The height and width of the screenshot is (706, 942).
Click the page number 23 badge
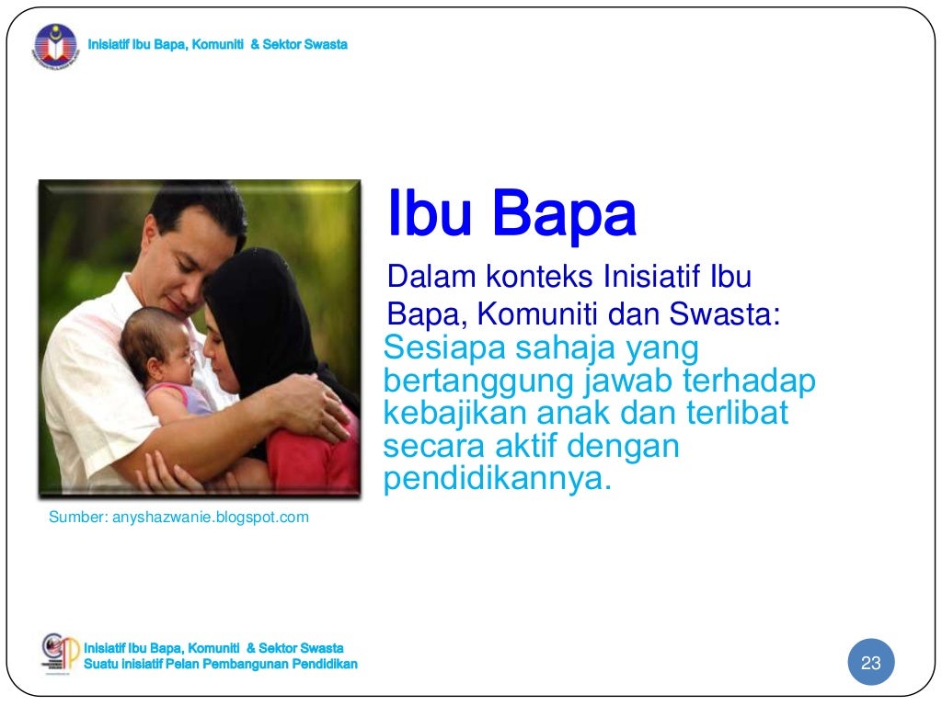[870, 664]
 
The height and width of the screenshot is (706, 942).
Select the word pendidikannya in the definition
[497, 480]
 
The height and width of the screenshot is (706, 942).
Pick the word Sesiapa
[442, 348]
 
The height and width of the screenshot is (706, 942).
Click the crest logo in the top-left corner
[56, 46]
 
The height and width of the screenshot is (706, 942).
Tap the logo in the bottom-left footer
[61, 655]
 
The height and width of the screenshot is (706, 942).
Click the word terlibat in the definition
[737, 414]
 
